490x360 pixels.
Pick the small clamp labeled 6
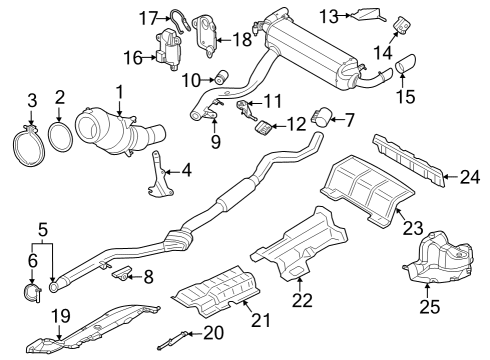pyautogui.click(x=30, y=292)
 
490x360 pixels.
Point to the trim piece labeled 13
pyautogui.click(x=367, y=14)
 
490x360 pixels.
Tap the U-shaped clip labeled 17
pyautogui.click(x=182, y=15)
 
